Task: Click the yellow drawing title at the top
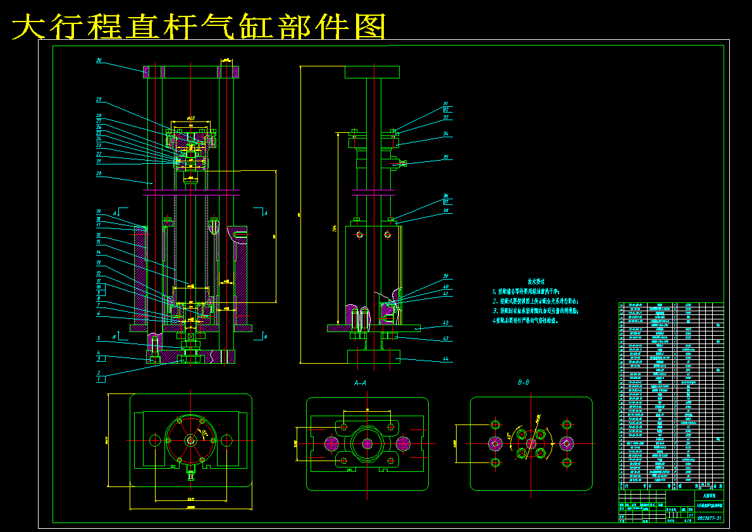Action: click(199, 27)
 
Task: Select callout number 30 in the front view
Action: click(99, 61)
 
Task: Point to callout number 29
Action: click(99, 99)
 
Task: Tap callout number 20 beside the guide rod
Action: click(99, 173)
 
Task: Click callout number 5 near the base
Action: click(99, 337)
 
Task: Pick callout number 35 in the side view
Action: click(445, 157)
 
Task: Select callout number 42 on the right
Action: click(445, 323)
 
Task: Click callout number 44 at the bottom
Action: click(445, 359)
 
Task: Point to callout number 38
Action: click(445, 211)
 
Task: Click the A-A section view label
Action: click(361, 383)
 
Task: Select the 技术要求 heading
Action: click(536, 281)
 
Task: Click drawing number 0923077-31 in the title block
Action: click(709, 518)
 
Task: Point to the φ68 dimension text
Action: click(191, 118)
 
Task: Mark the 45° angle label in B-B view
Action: click(509, 436)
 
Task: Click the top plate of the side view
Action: click(373, 72)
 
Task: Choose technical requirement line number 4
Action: click(525, 321)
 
